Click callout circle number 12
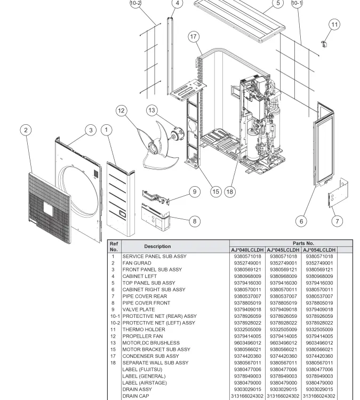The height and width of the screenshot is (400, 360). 121,111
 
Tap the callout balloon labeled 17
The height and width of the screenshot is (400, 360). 194,36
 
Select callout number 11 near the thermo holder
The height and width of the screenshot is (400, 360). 334,25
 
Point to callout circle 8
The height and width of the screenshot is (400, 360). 195,221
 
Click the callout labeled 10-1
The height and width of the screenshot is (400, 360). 297,3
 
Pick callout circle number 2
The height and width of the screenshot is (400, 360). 26,130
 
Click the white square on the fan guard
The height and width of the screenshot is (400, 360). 48,209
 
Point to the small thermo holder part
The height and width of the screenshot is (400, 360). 324,44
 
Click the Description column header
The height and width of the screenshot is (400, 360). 157,246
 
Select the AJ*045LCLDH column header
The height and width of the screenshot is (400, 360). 283,250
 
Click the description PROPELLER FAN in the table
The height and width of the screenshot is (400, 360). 142,336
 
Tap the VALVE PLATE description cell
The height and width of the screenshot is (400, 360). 139,309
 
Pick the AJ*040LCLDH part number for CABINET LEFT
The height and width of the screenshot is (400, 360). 247,276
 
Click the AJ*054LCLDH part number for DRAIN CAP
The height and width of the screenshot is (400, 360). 319,396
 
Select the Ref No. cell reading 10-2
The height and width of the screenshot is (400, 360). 115,323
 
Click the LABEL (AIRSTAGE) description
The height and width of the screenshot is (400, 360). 145,382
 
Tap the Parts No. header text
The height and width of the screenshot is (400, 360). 303,243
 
